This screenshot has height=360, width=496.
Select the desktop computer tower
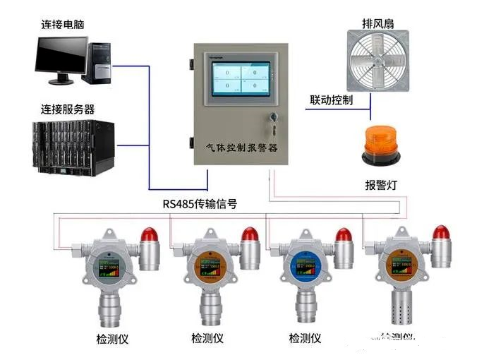[98, 61]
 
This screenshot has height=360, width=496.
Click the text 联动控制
[331, 100]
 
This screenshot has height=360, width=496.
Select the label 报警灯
[380, 185]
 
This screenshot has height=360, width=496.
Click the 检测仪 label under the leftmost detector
[110, 339]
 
